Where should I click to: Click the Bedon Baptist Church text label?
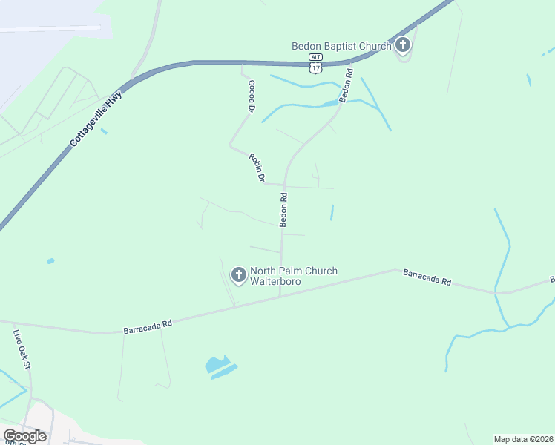click(341, 46)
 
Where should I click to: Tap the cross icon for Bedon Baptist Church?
click(402, 46)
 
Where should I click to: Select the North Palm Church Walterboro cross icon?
click(239, 276)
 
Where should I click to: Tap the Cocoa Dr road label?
click(251, 96)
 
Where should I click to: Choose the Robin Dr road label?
click(257, 168)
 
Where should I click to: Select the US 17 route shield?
click(316, 68)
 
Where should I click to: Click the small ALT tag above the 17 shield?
click(316, 56)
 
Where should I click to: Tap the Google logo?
click(25, 436)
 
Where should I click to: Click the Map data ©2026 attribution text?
click(522, 438)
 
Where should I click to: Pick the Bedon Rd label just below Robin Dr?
click(283, 210)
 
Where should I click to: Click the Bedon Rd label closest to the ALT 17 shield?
click(346, 85)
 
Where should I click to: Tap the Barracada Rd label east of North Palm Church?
click(427, 278)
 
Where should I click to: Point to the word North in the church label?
click(263, 271)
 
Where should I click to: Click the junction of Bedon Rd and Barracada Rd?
click(280, 294)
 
